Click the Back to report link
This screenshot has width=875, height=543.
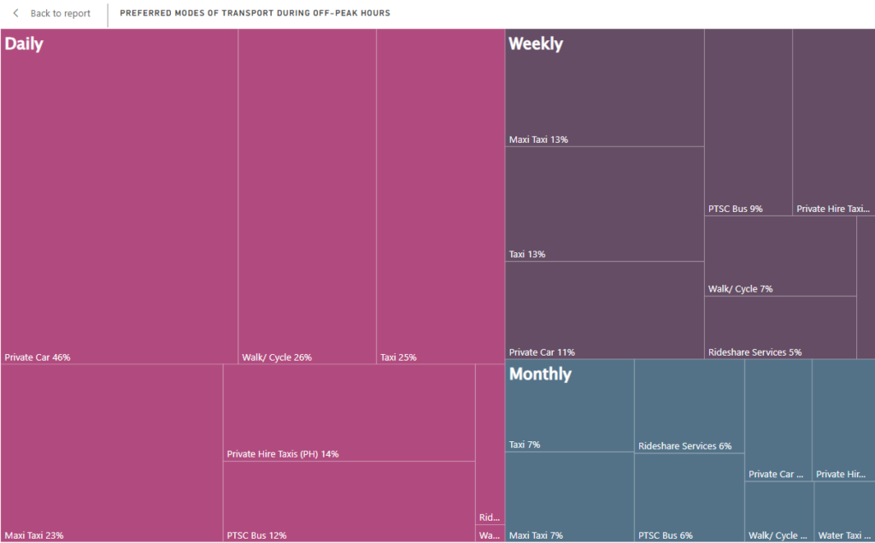tap(60, 14)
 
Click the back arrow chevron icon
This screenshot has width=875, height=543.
tap(15, 14)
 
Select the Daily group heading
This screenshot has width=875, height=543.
tap(24, 44)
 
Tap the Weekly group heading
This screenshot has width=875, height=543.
tap(536, 44)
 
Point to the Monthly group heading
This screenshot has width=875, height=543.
tap(540, 375)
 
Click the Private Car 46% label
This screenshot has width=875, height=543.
tap(38, 357)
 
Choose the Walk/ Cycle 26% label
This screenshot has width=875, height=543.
tap(277, 357)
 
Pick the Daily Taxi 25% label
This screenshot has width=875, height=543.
tap(398, 357)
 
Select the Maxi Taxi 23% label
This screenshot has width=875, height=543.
tap(34, 535)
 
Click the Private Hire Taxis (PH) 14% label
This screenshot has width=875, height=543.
tap(283, 454)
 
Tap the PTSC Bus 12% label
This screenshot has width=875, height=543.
tap(256, 535)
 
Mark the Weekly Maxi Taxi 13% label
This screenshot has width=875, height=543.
tap(538, 139)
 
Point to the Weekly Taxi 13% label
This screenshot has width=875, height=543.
tap(527, 254)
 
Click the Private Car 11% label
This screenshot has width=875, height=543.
tap(542, 352)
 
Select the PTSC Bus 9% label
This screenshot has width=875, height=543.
tap(736, 209)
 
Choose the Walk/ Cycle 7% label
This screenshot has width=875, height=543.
tap(740, 289)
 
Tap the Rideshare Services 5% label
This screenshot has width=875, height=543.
tap(755, 352)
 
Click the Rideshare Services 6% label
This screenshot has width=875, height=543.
tap(684, 446)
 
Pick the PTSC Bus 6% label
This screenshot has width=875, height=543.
tap(662, 535)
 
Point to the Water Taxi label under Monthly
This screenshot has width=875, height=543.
tap(843, 535)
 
